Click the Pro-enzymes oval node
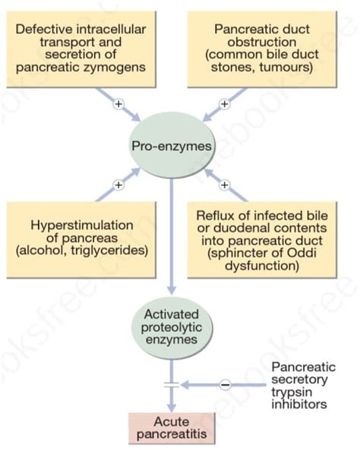170,144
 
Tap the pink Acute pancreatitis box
171,426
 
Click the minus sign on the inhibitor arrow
225,385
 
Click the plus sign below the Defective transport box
118,104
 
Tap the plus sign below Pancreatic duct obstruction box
224,104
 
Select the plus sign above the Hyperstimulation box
118,184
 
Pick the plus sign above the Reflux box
224,184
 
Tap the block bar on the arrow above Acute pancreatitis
171,385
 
